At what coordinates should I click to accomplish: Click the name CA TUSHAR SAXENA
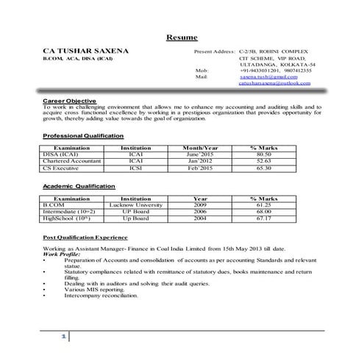(85, 51)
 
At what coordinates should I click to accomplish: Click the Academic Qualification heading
(79, 187)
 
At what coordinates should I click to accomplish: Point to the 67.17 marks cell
(263, 218)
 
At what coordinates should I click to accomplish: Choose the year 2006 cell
(200, 211)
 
